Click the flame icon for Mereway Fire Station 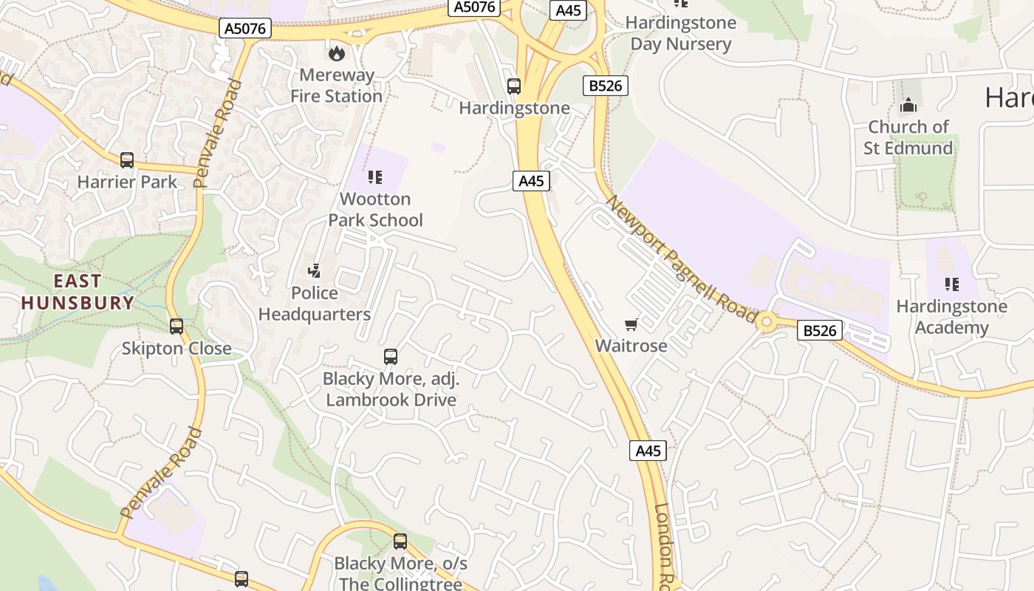pyautogui.click(x=336, y=52)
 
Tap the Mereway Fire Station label pyautogui.click(x=336, y=86)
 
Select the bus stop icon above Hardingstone pyautogui.click(x=514, y=86)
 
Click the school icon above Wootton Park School pyautogui.click(x=375, y=177)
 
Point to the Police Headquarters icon pyautogui.click(x=315, y=271)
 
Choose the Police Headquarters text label pyautogui.click(x=315, y=304)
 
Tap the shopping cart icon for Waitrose pyautogui.click(x=631, y=324)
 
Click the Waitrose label pyautogui.click(x=631, y=346)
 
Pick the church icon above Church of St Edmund pyautogui.click(x=908, y=106)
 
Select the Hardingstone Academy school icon pyautogui.click(x=951, y=284)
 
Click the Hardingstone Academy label pyautogui.click(x=951, y=317)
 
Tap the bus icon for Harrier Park pyautogui.click(x=127, y=160)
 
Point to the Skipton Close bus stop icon pyautogui.click(x=177, y=326)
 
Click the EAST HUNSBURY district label pyautogui.click(x=78, y=292)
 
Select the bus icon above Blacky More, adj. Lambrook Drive pyautogui.click(x=391, y=357)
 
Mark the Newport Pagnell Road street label pyautogui.click(x=681, y=258)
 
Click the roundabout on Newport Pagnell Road pyautogui.click(x=767, y=321)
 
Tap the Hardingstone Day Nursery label pyautogui.click(x=680, y=33)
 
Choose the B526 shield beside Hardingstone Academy pyautogui.click(x=820, y=330)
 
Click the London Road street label pyautogui.click(x=665, y=547)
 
